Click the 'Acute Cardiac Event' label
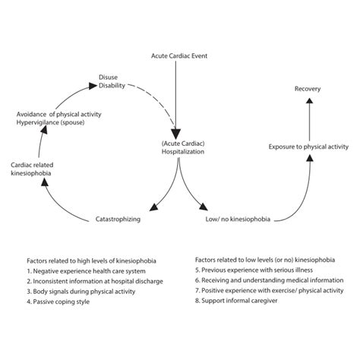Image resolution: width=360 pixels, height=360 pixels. pyautogui.click(x=178, y=56)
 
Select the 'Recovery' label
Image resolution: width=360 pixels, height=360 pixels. pyautogui.click(x=308, y=90)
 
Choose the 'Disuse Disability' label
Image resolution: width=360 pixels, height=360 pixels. pyautogui.click(x=110, y=81)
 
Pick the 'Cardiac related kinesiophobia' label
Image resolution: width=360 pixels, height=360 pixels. pyautogui.click(x=32, y=169)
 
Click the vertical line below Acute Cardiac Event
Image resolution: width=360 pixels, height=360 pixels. pyautogui.click(x=178, y=91)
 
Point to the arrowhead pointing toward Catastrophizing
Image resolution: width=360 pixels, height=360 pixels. pyautogui.click(x=154, y=206)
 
